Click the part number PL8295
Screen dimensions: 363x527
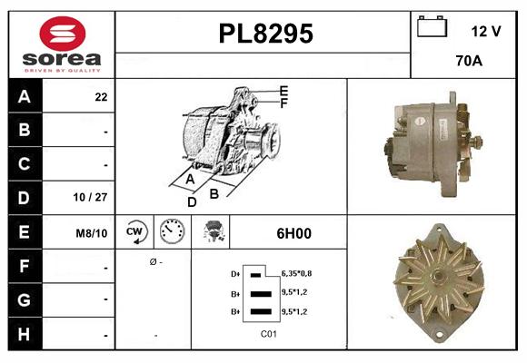pos(265,34)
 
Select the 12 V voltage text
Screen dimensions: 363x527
pos(486,31)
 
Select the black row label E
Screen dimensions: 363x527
pos(24,233)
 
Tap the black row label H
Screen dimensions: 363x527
pos(24,334)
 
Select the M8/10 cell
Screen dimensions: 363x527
pos(92,233)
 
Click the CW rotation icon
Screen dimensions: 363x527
pos(135,232)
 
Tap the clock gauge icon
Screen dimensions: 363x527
pos(171,232)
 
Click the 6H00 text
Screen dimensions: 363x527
pos(293,233)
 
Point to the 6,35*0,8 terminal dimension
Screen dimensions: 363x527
pos(297,272)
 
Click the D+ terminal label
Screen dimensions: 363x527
pos(236,273)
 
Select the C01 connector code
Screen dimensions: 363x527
pos(269,334)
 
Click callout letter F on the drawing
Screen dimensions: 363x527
pos(284,103)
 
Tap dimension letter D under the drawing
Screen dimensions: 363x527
pos(192,201)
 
